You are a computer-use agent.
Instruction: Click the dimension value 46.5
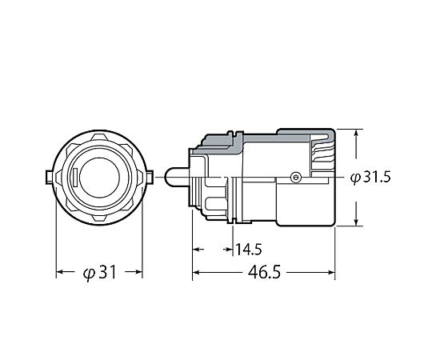coord(264,272)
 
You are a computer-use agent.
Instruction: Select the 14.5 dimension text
coord(249,250)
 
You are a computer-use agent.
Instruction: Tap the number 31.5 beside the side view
coord(377,177)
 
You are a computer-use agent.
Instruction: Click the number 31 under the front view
coord(108,272)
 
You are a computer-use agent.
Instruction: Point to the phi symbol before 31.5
coord(355,178)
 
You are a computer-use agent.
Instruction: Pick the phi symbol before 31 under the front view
coord(90,274)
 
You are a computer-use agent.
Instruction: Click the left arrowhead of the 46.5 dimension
coord(196,273)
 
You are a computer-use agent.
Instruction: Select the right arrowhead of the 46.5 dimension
coord(331,273)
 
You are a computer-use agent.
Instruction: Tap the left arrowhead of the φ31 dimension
coord(60,272)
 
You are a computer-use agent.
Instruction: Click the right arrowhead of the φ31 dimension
coord(139,272)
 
